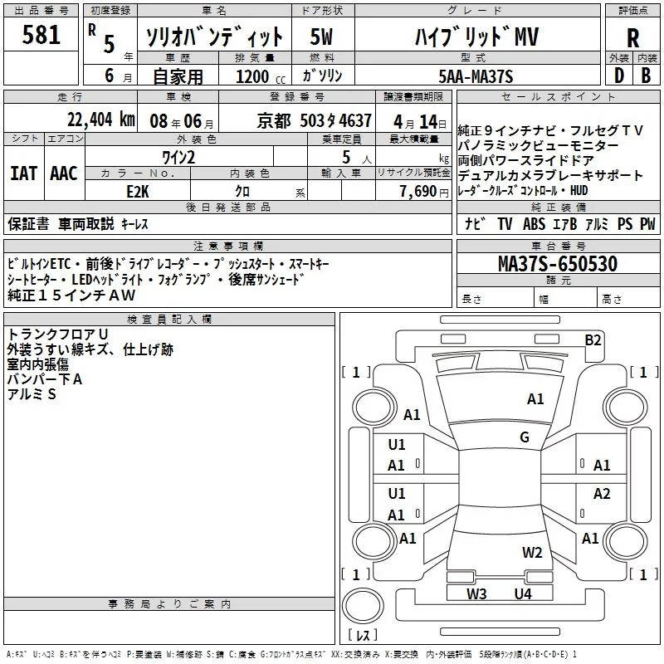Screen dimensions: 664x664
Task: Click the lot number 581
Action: click(x=41, y=35)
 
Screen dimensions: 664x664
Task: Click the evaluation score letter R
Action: click(x=632, y=38)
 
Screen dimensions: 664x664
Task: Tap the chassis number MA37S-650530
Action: click(x=558, y=265)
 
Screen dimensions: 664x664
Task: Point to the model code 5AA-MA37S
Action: click(x=476, y=76)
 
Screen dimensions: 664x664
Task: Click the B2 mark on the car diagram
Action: click(x=593, y=339)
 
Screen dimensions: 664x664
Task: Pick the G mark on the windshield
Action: click(x=525, y=437)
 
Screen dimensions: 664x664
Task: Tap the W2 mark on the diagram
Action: click(x=532, y=552)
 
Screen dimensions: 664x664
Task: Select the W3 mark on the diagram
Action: click(x=476, y=593)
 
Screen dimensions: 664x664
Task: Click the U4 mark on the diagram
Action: click(x=522, y=593)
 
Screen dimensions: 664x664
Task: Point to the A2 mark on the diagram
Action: click(x=602, y=494)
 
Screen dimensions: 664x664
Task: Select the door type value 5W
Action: click(x=323, y=37)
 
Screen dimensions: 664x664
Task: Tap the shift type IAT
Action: click(x=23, y=173)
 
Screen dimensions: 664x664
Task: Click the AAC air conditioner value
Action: click(x=64, y=173)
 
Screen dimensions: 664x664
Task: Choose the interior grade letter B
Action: click(x=646, y=76)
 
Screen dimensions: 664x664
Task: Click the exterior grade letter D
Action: click(x=618, y=76)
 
